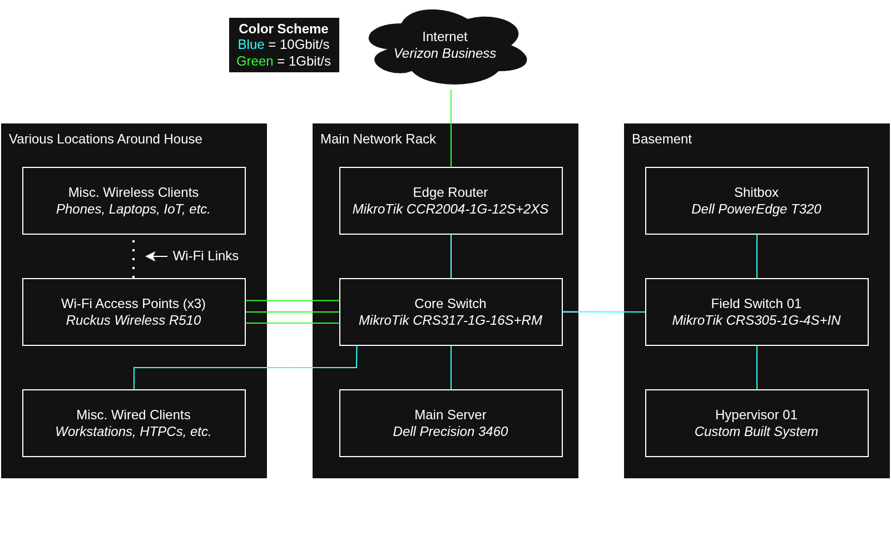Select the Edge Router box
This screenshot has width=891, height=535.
(451, 201)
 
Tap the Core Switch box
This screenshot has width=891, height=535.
(451, 312)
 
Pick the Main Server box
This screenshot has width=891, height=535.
(451, 423)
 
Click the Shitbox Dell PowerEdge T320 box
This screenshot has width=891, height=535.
(756, 201)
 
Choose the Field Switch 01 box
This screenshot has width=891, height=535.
(756, 312)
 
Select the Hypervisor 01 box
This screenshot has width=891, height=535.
(756, 423)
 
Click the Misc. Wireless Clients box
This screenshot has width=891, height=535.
(133, 201)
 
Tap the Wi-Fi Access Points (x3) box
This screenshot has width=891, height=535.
(133, 312)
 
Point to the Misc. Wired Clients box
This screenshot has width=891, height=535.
(133, 423)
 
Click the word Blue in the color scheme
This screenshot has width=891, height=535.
(251, 44)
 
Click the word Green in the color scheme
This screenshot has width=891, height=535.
(255, 61)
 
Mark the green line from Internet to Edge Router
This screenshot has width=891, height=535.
(451, 128)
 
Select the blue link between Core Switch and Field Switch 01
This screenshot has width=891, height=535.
(603, 312)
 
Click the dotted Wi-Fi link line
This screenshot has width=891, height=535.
(133, 259)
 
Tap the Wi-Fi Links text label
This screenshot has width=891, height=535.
(205, 256)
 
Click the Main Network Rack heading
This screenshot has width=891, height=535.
(378, 139)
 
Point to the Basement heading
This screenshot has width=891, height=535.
(661, 139)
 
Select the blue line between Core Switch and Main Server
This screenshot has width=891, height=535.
(451, 368)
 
